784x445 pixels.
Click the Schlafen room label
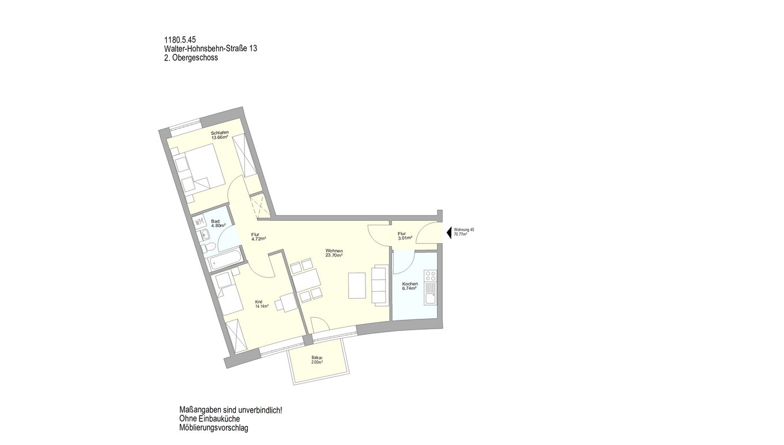[x=220, y=133]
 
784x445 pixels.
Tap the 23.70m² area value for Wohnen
[x=334, y=255]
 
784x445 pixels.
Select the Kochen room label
[x=410, y=284]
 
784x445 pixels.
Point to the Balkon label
[x=316, y=357]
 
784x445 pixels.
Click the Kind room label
[x=259, y=301]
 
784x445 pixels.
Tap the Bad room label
[x=215, y=221]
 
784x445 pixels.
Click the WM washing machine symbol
[x=199, y=222]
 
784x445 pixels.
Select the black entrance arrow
[x=449, y=232]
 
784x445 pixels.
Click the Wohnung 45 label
[x=463, y=229]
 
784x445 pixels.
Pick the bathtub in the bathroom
[x=225, y=259]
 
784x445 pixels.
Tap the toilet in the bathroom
[x=208, y=248]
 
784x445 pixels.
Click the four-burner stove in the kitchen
[x=431, y=276]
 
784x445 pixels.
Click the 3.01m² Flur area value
[x=405, y=238]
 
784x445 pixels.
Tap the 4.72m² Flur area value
[x=258, y=239]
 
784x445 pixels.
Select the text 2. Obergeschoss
[x=191, y=58]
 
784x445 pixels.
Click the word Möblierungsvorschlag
[x=213, y=428]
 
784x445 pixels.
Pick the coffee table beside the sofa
[x=357, y=285]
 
